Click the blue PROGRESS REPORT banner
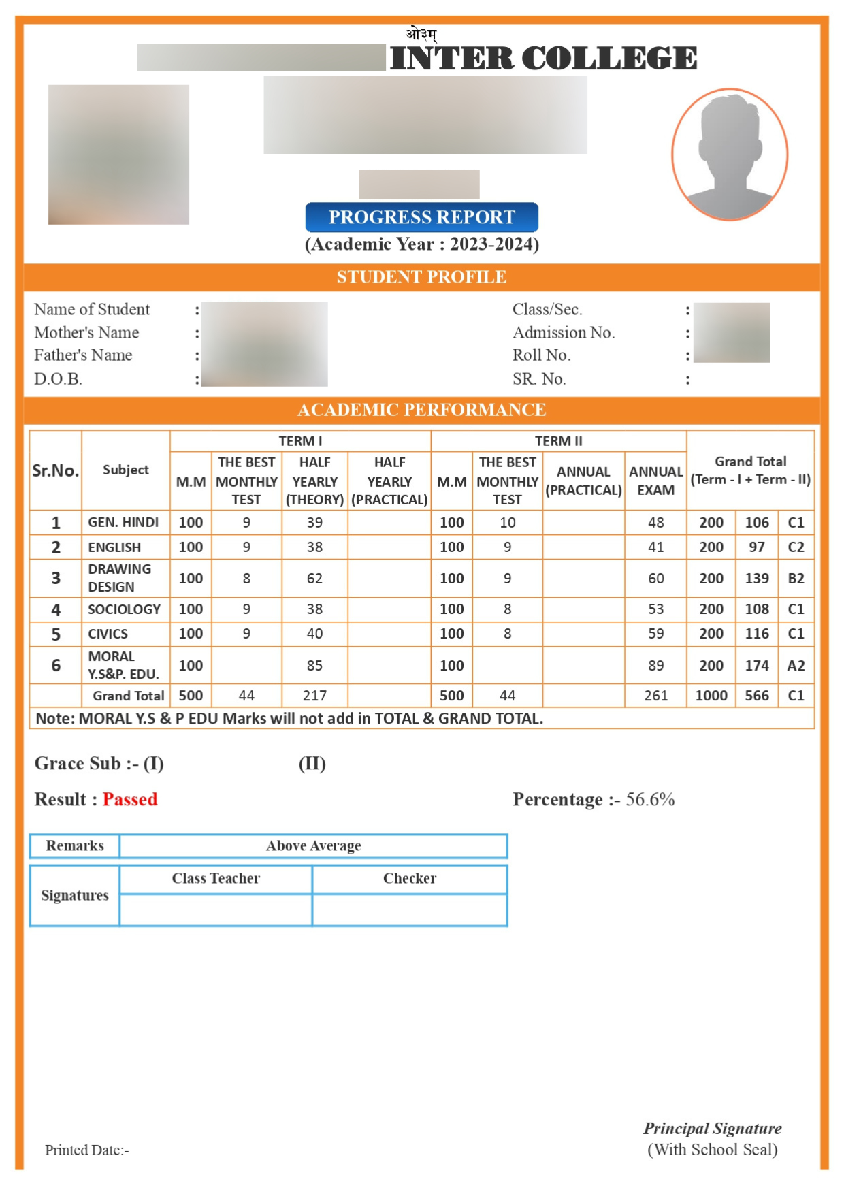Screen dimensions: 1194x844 421,217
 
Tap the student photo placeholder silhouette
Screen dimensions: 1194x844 730,155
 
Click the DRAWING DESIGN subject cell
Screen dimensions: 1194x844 120,578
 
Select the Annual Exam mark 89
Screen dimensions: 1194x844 655,665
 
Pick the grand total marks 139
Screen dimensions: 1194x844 756,578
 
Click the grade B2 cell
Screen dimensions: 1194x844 796,578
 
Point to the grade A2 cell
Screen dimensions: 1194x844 796,665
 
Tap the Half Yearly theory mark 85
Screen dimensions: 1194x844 314,665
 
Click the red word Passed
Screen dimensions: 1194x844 130,799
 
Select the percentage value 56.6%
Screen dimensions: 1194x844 650,799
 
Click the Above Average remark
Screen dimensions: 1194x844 313,845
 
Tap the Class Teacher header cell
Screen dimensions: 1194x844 216,878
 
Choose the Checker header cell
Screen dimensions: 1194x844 410,878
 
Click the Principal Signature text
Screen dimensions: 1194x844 712,1128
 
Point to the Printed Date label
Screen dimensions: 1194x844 87,1150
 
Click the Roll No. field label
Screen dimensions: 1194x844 541,355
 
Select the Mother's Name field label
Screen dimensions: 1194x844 86,332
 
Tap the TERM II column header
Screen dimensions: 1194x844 558,441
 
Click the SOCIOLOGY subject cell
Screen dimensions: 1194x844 124,609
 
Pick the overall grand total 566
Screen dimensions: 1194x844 756,696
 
